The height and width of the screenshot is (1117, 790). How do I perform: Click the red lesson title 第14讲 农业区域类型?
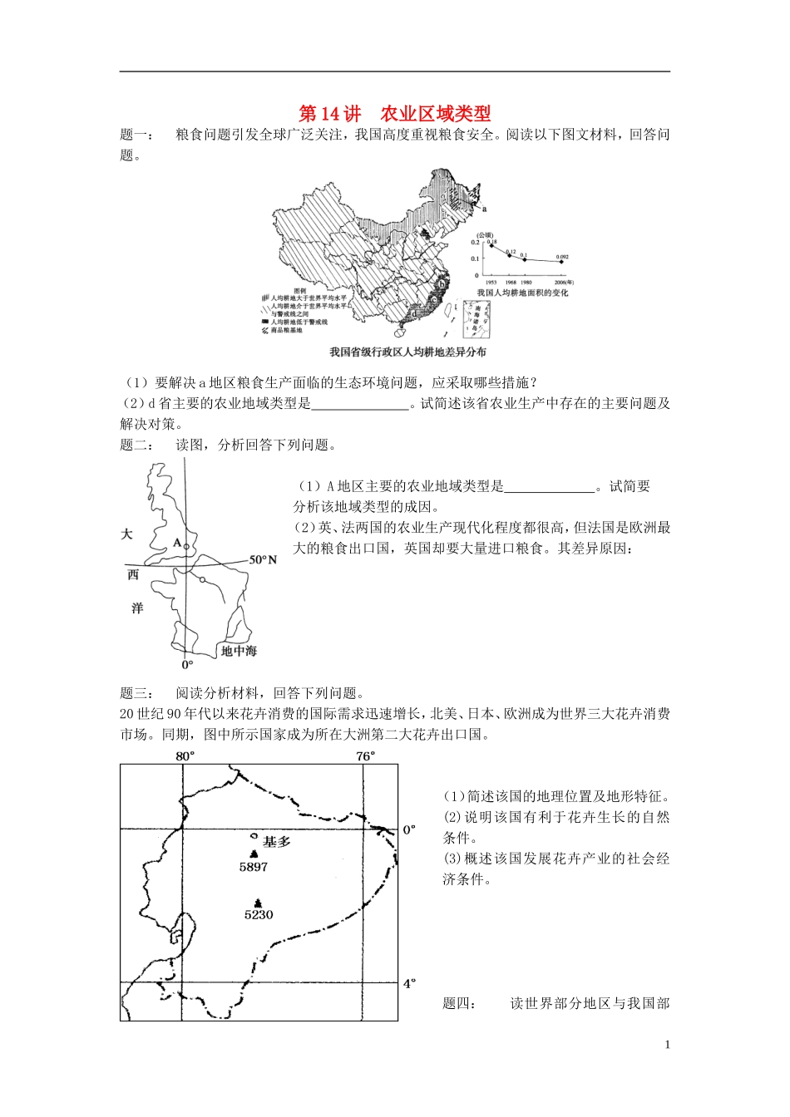[x=395, y=113]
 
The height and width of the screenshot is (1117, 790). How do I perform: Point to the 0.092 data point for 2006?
[x=561, y=261]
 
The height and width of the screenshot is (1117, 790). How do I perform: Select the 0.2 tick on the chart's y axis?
[x=476, y=243]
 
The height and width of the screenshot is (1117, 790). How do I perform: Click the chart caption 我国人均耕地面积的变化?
[x=522, y=293]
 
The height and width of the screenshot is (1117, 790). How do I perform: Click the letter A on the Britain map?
[x=176, y=543]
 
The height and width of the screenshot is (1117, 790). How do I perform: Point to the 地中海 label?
[x=239, y=651]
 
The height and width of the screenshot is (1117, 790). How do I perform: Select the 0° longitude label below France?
[x=187, y=664]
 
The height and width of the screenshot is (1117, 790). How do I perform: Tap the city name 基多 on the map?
[x=277, y=841]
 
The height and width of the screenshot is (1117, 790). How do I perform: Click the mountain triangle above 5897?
[x=254, y=854]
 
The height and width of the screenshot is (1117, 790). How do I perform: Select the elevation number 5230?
[x=258, y=914]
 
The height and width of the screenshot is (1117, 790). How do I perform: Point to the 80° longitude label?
[x=185, y=755]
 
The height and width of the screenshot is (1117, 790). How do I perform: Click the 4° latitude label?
[x=409, y=983]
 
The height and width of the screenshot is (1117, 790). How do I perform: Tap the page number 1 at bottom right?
[x=668, y=1045]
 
